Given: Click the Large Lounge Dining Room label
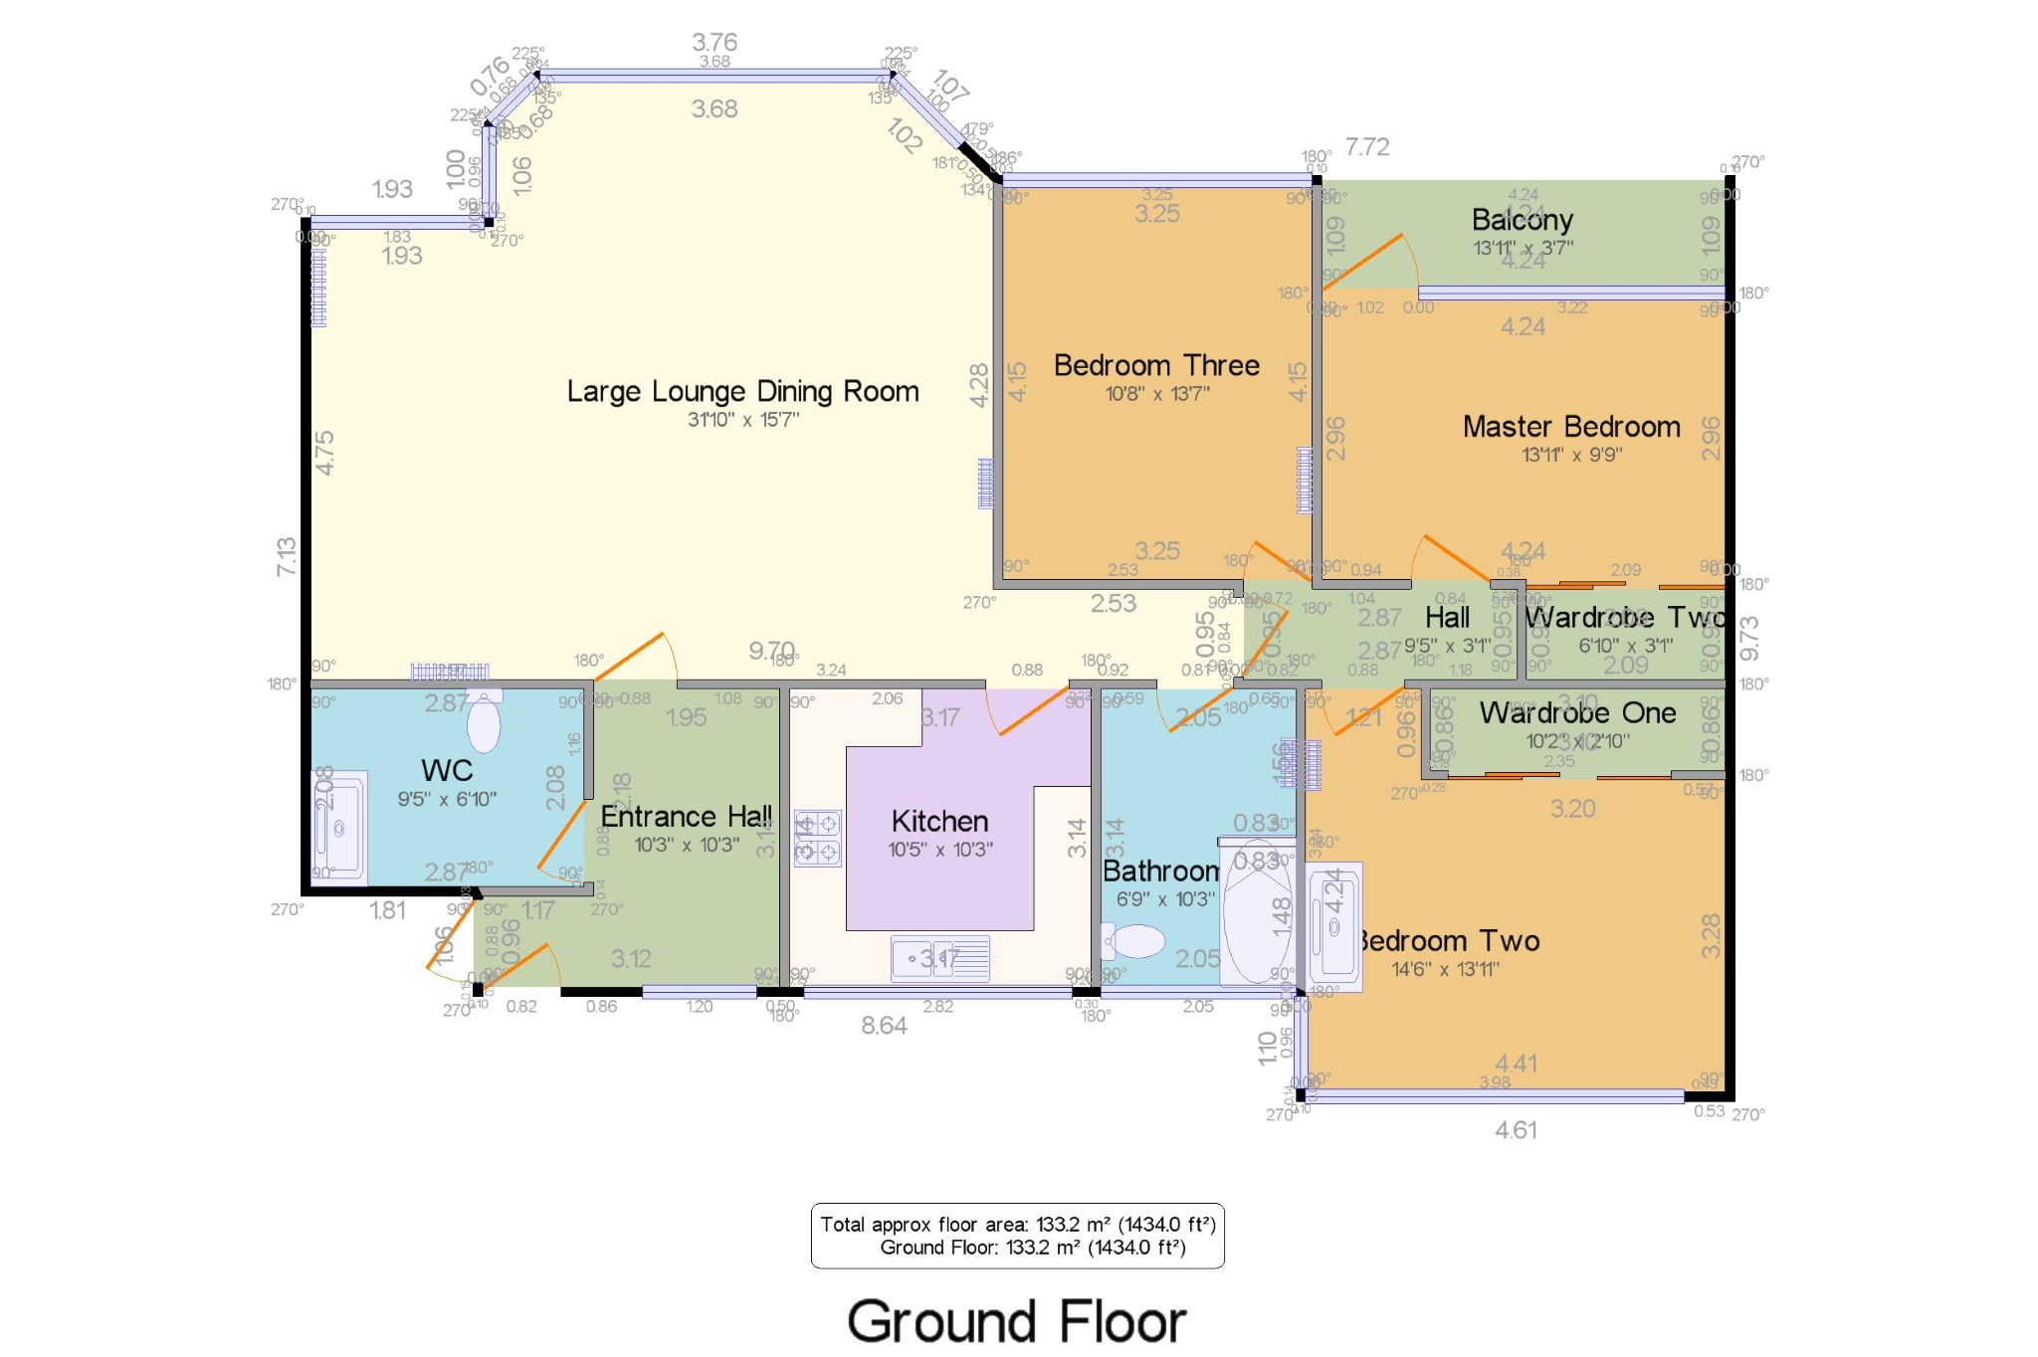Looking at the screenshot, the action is point(742,392).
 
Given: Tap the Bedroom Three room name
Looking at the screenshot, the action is point(1156,366).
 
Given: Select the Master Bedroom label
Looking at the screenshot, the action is point(1571,427).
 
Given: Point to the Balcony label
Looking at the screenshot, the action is point(1523,220).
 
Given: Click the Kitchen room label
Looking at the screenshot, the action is point(939,822).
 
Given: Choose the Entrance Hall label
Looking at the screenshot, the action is point(687,817).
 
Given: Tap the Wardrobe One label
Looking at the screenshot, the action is point(1577,713).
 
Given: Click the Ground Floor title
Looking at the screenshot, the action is point(1016,1322).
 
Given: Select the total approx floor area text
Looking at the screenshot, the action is point(1017,1225).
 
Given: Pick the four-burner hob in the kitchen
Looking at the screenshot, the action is point(817,838).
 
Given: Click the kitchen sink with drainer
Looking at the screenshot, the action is point(940,958).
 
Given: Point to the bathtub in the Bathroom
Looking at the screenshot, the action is point(1257,910).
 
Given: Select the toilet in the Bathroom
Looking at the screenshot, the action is point(1134,940).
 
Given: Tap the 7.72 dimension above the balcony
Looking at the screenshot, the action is point(1367,147).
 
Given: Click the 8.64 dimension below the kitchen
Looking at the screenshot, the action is point(884,1026).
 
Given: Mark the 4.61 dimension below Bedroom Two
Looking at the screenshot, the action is point(1516,1130).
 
